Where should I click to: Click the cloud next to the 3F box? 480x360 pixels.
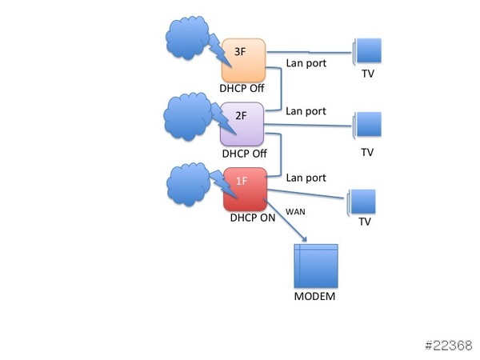coord(186,37)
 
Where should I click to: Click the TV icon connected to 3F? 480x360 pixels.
coord(367,51)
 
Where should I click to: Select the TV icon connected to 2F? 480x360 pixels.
coord(367,126)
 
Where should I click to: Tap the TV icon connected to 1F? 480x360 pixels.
coord(363,202)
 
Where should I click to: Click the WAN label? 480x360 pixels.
coord(296,212)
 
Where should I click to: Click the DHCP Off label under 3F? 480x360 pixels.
coord(242,88)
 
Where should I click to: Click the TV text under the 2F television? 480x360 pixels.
coord(367,151)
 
